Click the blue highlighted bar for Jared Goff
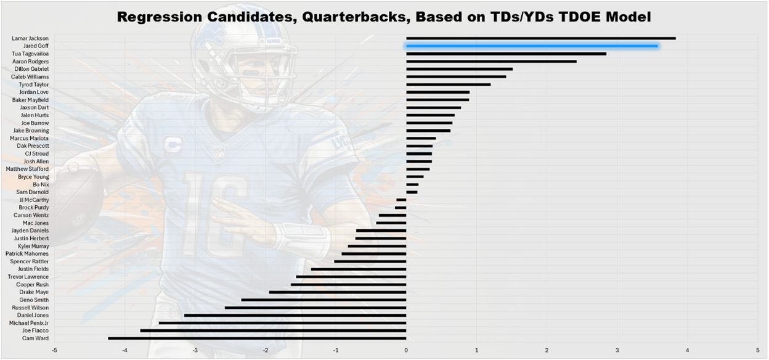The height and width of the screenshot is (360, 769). tap(531, 46)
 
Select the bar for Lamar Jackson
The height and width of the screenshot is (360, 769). tap(540, 38)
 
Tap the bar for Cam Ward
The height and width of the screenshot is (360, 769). tap(257, 338)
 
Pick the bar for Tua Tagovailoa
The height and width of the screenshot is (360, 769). tap(506, 54)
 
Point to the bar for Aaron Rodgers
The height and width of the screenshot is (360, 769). tap(491, 62)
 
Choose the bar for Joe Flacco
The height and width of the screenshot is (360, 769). tap(273, 330)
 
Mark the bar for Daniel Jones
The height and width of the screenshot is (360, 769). tap(295, 315)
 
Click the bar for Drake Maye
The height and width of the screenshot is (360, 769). tap(338, 292)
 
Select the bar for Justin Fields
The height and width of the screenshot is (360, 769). tap(359, 269)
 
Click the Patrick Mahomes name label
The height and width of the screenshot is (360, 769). tap(27, 253)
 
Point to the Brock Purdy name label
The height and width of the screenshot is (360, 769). tap(34, 208)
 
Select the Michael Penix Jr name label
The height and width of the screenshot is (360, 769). tap(28, 323)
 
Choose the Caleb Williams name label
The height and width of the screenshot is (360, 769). tap(30, 77)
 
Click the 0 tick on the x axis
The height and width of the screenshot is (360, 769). tap(406, 350)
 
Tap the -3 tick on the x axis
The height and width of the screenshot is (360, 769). tap(195, 350)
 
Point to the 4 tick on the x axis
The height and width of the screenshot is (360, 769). tap(687, 350)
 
